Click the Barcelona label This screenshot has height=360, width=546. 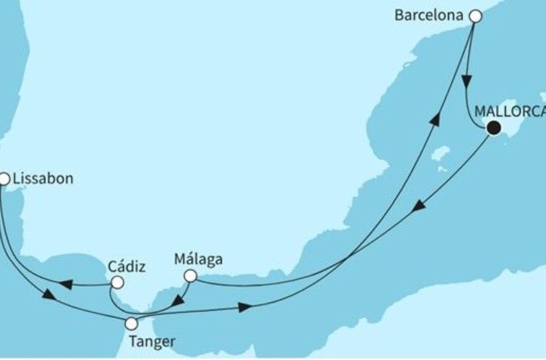pyautogui.click(x=429, y=14)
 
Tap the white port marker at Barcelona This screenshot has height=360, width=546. pyautogui.click(x=474, y=13)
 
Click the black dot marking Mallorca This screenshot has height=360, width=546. pyautogui.click(x=493, y=128)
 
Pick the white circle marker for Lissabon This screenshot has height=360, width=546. pyautogui.click(x=4, y=179)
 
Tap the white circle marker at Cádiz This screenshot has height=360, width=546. pyautogui.click(x=117, y=283)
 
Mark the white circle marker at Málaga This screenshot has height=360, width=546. pyautogui.click(x=190, y=277)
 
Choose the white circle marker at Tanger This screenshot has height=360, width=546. pyautogui.click(x=132, y=324)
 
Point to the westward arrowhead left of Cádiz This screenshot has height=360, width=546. pyautogui.click(x=65, y=284)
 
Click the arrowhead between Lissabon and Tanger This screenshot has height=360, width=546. pyautogui.click(x=49, y=295)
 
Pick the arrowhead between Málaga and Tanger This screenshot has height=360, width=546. pyautogui.click(x=171, y=304)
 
